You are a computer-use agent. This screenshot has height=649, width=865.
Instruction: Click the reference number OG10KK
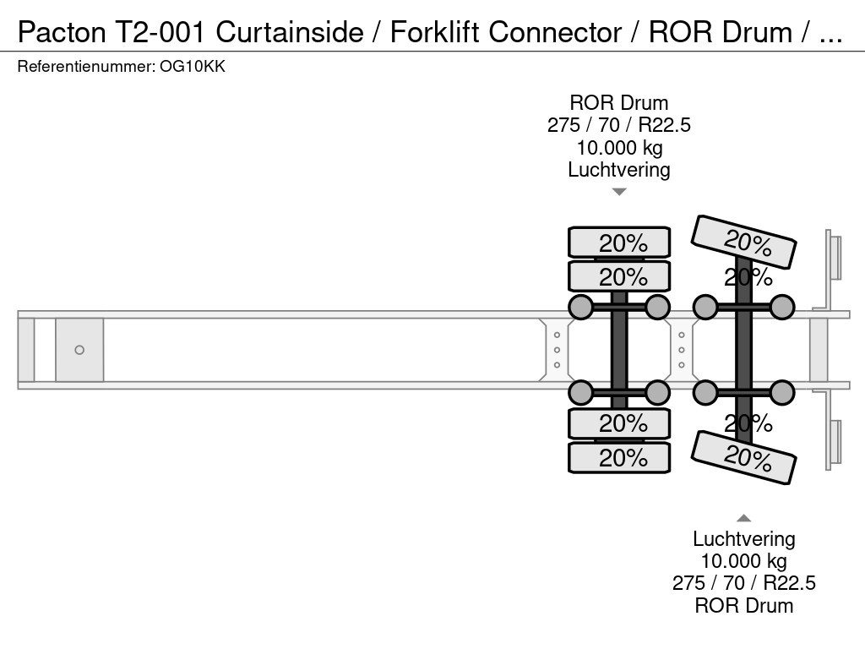192,67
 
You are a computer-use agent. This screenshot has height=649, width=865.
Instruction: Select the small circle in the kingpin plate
79,350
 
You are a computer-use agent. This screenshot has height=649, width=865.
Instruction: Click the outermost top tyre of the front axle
619,243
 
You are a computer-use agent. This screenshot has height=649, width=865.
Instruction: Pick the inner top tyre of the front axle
619,276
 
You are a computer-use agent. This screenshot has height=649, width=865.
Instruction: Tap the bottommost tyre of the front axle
619,458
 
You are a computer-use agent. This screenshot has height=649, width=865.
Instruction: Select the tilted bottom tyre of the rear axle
743,457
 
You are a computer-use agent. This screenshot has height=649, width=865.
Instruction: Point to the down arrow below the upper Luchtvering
619,192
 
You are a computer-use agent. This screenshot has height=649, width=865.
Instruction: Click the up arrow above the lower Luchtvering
743,518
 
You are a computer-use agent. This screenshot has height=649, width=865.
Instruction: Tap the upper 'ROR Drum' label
619,103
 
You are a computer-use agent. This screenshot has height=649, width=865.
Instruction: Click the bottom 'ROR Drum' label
743,605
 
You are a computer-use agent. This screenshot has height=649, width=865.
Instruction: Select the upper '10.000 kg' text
619,148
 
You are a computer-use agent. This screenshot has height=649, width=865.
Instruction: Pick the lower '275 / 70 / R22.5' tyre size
743,583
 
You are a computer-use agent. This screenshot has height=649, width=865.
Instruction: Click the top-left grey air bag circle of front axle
581,307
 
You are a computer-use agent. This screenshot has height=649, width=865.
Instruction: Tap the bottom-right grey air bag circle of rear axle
783,392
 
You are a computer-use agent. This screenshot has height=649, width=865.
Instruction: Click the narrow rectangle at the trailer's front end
26,350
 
